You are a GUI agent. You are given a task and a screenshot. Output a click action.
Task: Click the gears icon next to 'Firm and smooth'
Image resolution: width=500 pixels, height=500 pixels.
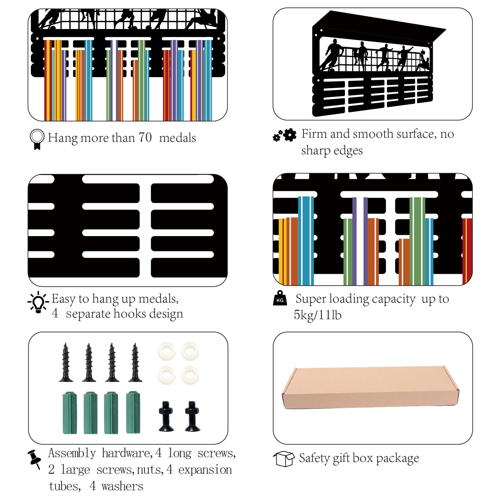click(x=285, y=135)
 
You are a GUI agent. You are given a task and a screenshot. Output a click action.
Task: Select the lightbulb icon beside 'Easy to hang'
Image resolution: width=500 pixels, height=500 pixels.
click(x=38, y=302)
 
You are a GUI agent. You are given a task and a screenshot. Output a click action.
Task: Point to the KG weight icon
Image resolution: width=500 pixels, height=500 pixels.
click(x=280, y=298)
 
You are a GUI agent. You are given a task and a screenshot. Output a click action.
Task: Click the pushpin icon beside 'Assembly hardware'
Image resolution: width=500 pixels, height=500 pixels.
click(x=34, y=459)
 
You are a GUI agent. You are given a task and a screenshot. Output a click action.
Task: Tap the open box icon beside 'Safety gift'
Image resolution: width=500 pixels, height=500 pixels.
click(x=284, y=459)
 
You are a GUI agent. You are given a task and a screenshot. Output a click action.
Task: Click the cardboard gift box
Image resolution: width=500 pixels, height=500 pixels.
click(x=370, y=388)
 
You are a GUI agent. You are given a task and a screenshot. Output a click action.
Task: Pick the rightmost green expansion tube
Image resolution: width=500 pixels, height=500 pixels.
click(x=133, y=412)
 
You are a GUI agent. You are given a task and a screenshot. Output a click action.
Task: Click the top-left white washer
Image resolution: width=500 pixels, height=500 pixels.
click(x=166, y=351)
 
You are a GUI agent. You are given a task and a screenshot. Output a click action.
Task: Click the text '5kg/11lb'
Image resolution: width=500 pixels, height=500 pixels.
click(x=318, y=315)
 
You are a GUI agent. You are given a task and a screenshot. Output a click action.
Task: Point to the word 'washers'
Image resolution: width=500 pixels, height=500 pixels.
click(x=122, y=486)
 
